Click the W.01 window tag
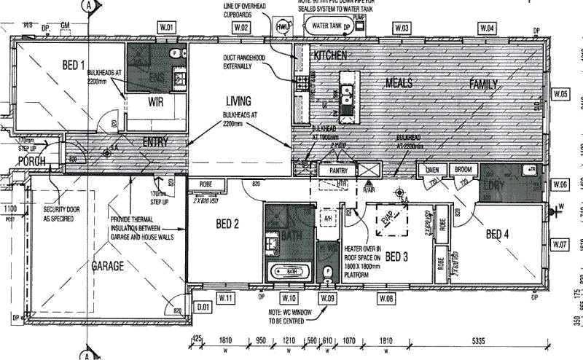(x=168, y=28)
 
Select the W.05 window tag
(x=560, y=94)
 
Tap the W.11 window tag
(x=226, y=298)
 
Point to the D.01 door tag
(x=203, y=306)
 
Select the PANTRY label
(x=339, y=170)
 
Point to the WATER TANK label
(x=326, y=26)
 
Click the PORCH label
(x=32, y=161)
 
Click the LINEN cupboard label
(x=433, y=170)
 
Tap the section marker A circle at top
(x=88, y=4)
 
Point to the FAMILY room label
(x=483, y=85)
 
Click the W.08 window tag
(x=386, y=298)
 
